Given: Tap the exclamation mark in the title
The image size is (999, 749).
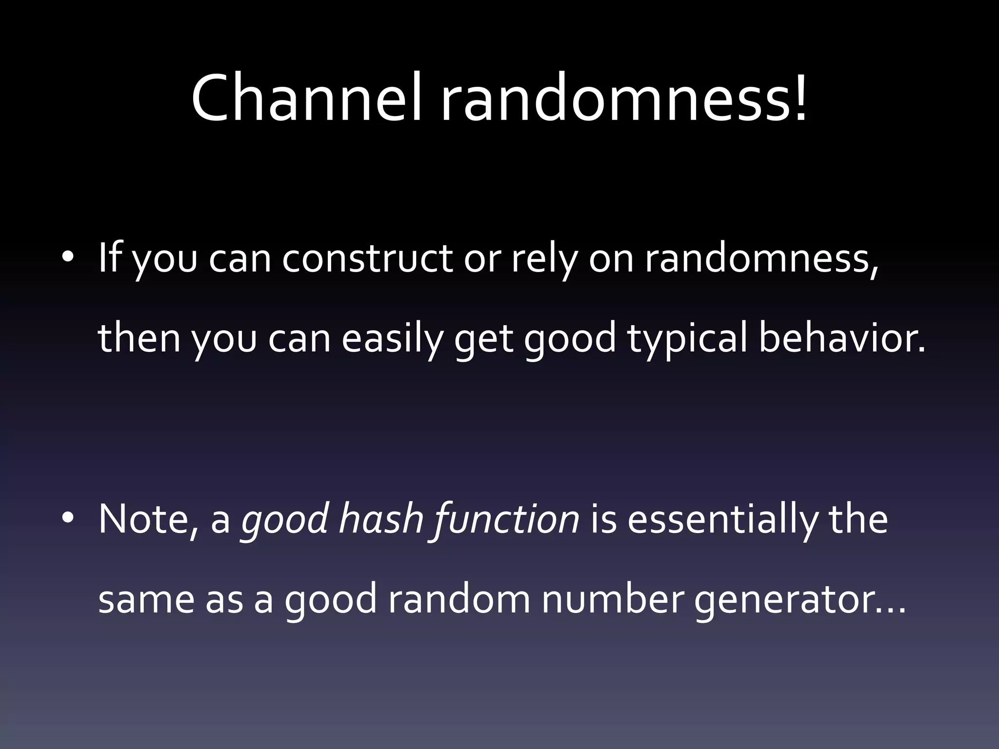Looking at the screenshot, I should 799,98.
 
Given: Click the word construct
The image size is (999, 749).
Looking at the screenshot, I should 367,258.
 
